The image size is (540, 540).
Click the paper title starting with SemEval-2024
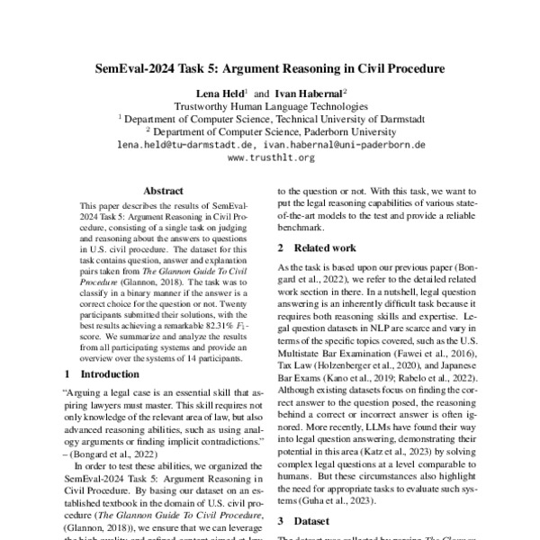point(270,68)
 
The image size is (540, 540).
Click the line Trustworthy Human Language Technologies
point(270,104)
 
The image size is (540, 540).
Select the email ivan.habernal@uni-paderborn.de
point(346,144)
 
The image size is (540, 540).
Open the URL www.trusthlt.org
point(270,157)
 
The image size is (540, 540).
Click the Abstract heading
point(164,191)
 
